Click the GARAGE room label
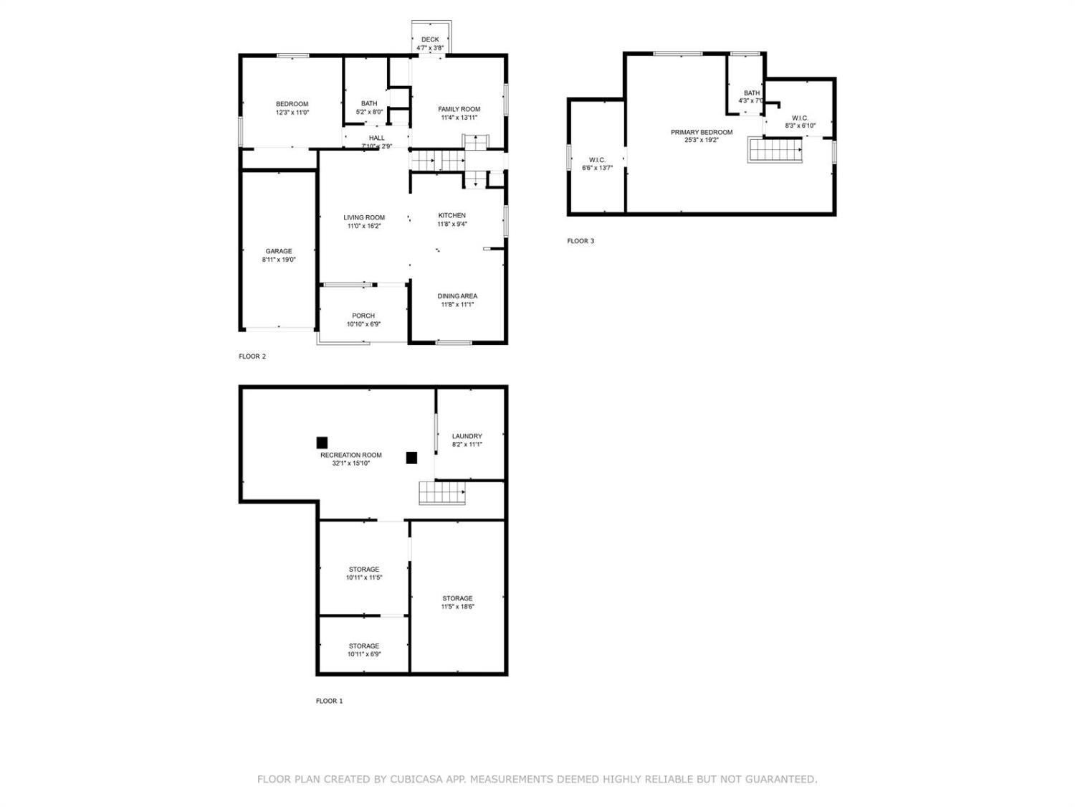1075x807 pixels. click(279, 252)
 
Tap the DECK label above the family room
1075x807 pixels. click(430, 40)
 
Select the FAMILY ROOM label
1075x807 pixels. click(459, 109)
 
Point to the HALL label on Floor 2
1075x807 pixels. click(377, 138)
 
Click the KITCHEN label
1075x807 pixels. click(452, 215)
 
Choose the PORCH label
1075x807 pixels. click(363, 316)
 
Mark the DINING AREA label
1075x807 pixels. click(457, 296)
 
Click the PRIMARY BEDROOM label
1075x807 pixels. click(702, 132)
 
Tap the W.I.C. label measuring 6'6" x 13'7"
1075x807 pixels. click(597, 160)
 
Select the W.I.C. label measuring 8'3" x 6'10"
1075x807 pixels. click(800, 118)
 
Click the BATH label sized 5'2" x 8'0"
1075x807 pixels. click(369, 104)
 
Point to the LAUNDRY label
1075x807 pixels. click(467, 436)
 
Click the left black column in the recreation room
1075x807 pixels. click(322, 443)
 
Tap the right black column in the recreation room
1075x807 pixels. click(411, 458)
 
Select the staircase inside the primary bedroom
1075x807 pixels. click(775, 150)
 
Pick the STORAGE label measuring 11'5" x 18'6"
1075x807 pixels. click(457, 598)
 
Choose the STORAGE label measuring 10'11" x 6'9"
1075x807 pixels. click(364, 646)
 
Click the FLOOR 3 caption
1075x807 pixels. click(580, 241)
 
